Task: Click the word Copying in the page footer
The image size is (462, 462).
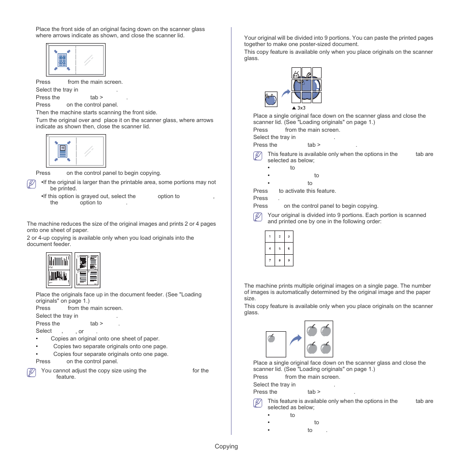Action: pos(227,447)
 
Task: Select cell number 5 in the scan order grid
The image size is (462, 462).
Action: pos(279,248)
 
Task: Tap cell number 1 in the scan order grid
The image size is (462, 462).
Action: pos(270,237)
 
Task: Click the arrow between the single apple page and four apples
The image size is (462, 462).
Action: pos(295,339)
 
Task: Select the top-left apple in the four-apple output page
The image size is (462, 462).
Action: pos(312,331)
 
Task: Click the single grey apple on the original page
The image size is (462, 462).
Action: pos(272,338)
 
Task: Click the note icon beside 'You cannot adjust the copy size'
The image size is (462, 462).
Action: pos(31,373)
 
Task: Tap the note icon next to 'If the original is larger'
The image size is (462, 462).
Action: pos(31,185)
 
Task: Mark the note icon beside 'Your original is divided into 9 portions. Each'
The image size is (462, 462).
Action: pos(258,217)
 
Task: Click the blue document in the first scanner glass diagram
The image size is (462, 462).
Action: pos(62,60)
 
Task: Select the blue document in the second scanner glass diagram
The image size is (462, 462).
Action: pos(62,151)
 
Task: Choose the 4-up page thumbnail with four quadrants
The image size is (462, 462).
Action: pos(88,270)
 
